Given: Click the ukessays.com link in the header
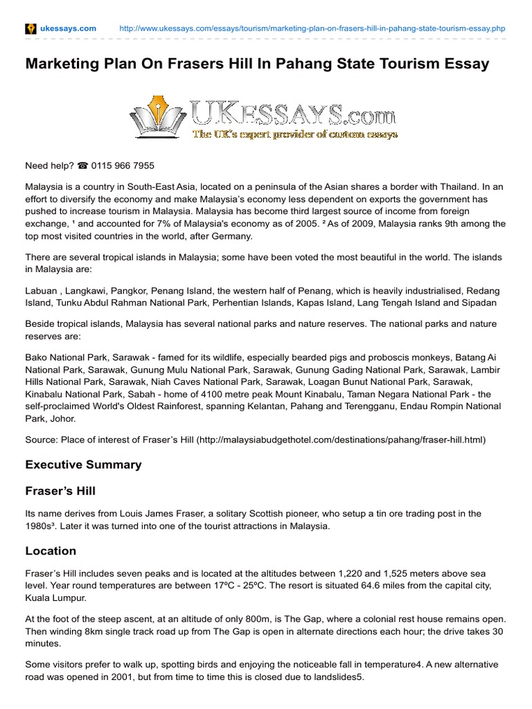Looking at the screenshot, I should pyautogui.click(x=69, y=28).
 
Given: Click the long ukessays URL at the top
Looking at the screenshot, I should pyautogui.click(x=312, y=28).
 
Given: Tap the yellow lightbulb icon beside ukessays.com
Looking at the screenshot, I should pyautogui.click(x=30, y=28).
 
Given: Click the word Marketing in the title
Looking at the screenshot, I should pyautogui.click(x=60, y=64).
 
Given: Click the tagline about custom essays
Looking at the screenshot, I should pyautogui.click(x=295, y=134).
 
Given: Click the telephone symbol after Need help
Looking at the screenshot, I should pyautogui.click(x=82, y=165).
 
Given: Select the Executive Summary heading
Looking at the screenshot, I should pyautogui.click(x=83, y=465).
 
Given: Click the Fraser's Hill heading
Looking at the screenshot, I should pyautogui.click(x=60, y=491).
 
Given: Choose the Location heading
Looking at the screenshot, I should pyautogui.click(x=51, y=551).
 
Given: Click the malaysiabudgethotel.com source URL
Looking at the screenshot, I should pyautogui.click(x=342, y=440).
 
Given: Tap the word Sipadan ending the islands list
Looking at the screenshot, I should pyautogui.click(x=478, y=303).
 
